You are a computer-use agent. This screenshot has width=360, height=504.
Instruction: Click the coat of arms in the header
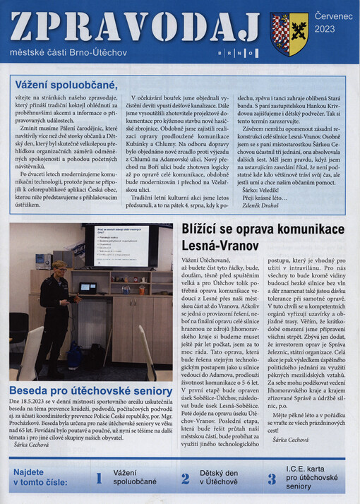point(289,34)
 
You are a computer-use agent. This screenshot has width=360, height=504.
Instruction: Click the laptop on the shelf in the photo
point(88,287)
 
